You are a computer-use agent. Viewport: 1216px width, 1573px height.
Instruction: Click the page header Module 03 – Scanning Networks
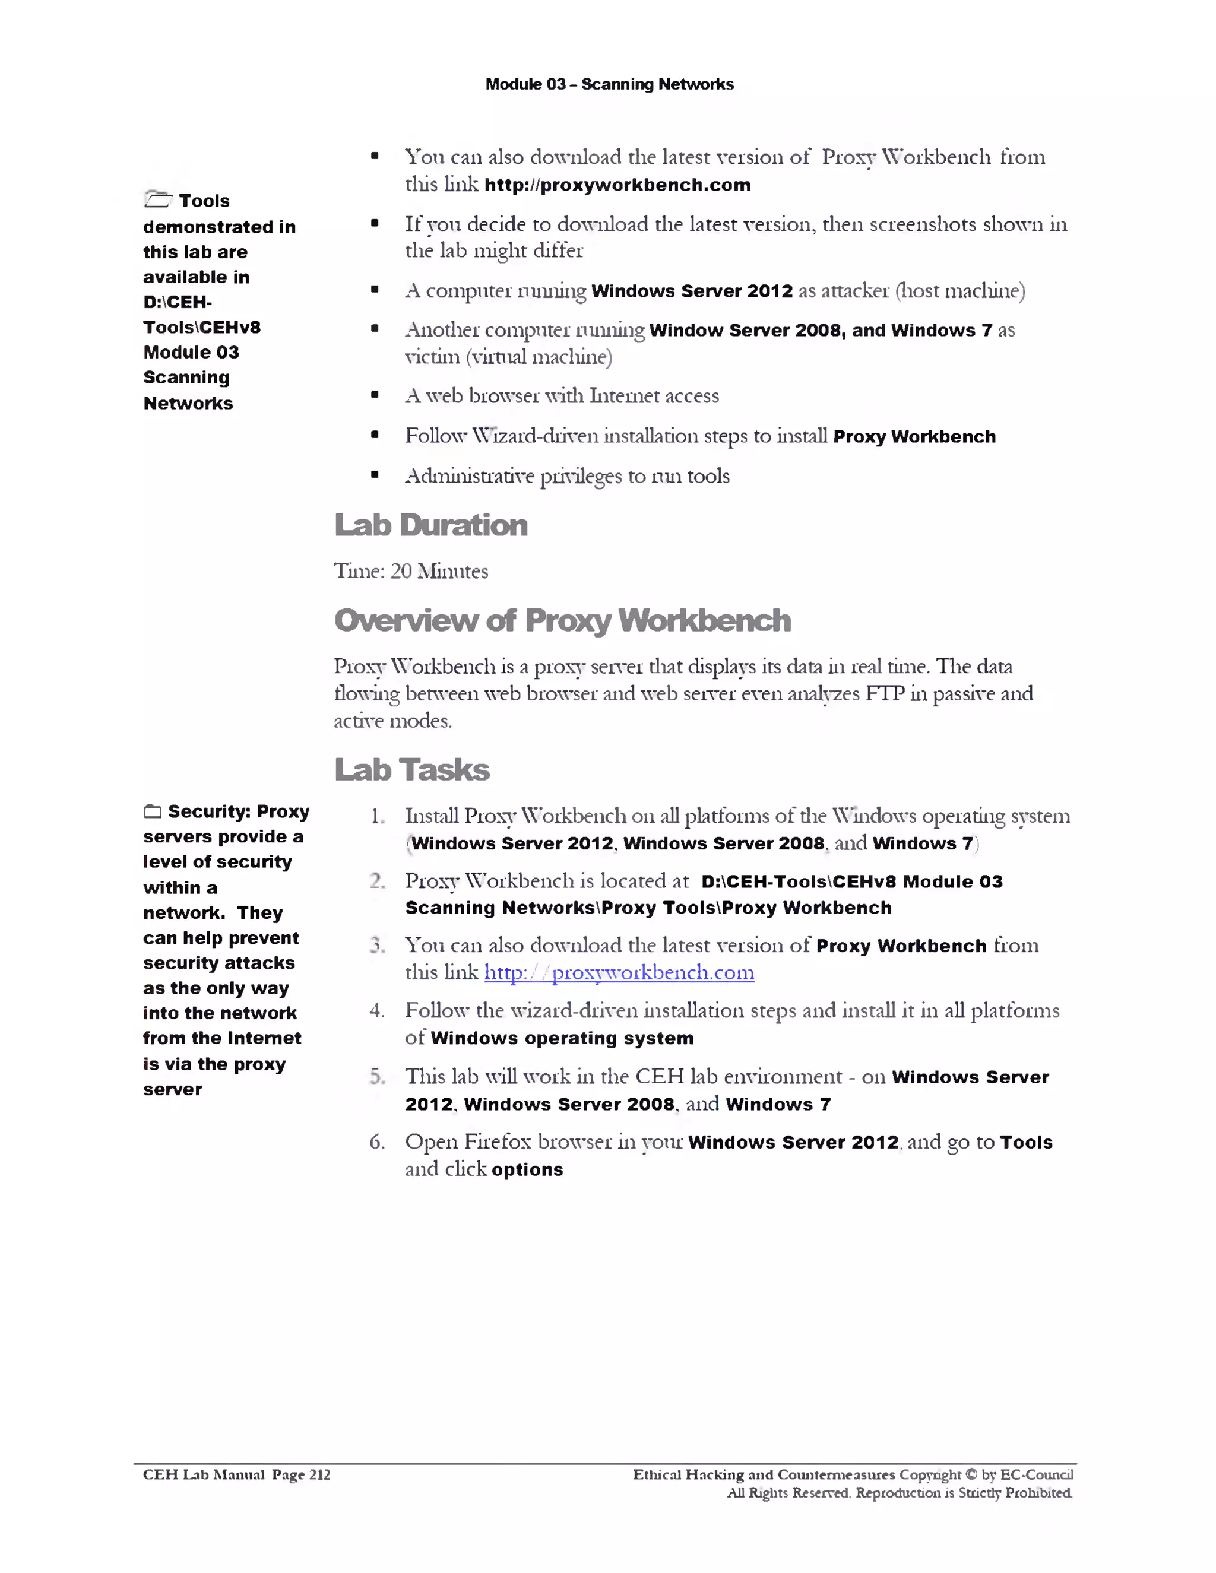pyautogui.click(x=609, y=84)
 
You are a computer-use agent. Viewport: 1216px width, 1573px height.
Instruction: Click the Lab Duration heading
pyautogui.click(x=431, y=525)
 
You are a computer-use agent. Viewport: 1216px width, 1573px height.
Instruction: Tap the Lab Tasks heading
pyautogui.click(x=412, y=770)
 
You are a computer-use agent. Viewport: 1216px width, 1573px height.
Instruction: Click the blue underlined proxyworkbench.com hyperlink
pyautogui.click(x=619, y=972)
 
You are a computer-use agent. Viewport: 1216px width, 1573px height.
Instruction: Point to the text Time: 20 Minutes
pyautogui.click(x=411, y=571)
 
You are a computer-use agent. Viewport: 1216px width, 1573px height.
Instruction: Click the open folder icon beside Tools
pyautogui.click(x=158, y=199)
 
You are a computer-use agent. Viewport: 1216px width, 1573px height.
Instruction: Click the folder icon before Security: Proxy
pyautogui.click(x=152, y=811)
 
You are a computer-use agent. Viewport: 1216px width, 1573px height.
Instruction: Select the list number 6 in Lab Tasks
pyautogui.click(x=377, y=1141)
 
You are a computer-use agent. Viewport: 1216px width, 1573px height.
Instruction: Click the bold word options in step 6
pyautogui.click(x=527, y=1170)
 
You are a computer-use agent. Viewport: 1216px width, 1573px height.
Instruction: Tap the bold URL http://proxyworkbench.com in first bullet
pyautogui.click(x=617, y=185)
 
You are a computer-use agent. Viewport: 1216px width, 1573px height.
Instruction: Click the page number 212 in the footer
pyautogui.click(x=319, y=1474)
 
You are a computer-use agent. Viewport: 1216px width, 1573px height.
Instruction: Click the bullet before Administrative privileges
pyautogui.click(x=375, y=475)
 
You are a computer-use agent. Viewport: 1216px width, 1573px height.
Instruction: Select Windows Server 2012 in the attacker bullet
pyautogui.click(x=692, y=291)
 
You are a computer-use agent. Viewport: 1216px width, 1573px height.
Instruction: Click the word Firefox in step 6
pyautogui.click(x=497, y=1141)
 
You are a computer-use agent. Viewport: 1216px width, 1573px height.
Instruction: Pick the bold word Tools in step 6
pyautogui.click(x=1026, y=1142)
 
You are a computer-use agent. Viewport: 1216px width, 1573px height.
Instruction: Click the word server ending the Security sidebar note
pyautogui.click(x=172, y=1090)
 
